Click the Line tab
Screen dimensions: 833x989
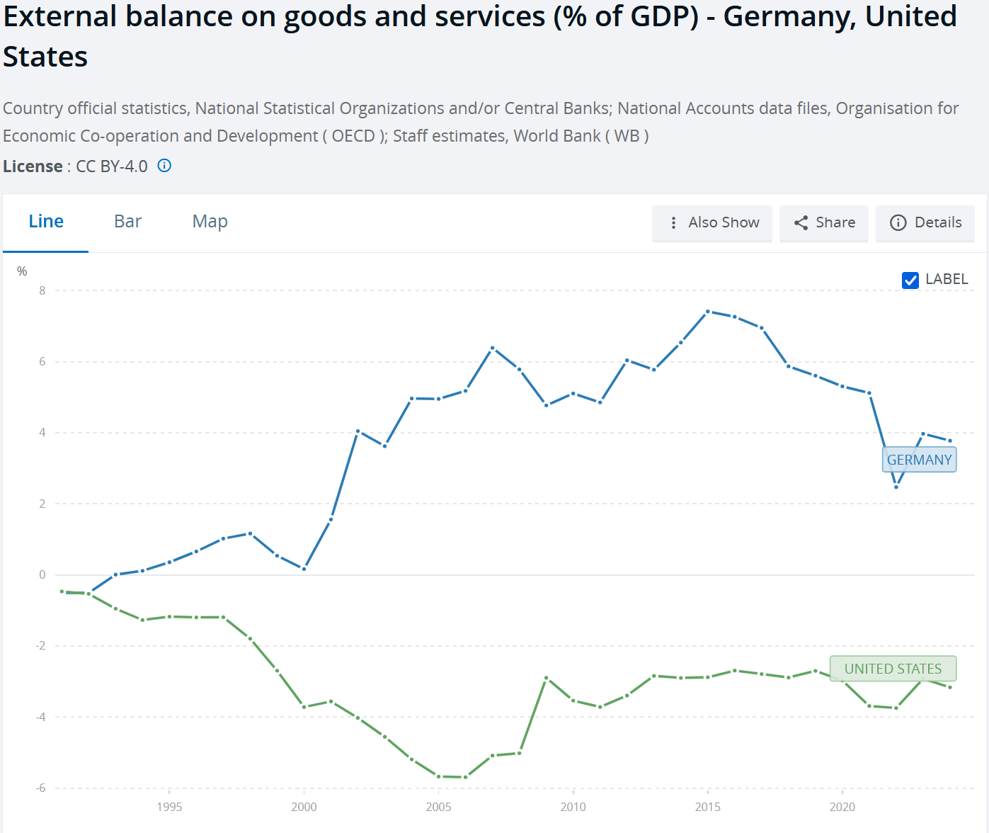[46, 222]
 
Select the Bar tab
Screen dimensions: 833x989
[127, 222]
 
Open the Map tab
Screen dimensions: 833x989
[210, 222]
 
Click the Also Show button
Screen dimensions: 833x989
[712, 223]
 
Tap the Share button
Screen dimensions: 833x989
[824, 223]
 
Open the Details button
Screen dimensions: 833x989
[925, 223]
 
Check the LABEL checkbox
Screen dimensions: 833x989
[910, 280]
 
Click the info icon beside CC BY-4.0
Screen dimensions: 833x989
[164, 166]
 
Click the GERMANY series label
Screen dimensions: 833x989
[919, 460]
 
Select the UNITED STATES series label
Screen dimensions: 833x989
[893, 669]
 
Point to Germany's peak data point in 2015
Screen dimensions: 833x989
[708, 312]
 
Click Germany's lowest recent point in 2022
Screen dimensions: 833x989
[896, 487]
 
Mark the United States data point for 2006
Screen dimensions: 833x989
[465, 777]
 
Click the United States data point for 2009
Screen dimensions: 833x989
[547, 678]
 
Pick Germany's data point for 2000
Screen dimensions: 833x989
[304, 569]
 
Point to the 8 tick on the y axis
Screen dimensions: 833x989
[42, 290]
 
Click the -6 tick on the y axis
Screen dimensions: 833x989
[41, 788]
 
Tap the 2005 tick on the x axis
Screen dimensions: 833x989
[438, 807]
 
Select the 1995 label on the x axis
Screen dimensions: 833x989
[169, 807]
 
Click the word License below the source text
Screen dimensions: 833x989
[33, 166]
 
